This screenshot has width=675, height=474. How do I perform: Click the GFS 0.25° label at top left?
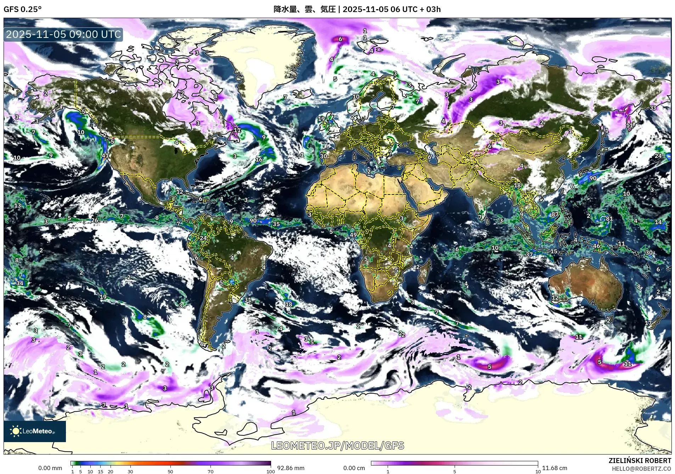[x=22, y=9]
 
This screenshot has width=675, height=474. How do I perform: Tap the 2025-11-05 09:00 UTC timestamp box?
[x=63, y=34]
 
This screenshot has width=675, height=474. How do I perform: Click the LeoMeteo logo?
[x=35, y=431]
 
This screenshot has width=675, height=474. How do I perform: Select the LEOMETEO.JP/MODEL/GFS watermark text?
[x=337, y=445]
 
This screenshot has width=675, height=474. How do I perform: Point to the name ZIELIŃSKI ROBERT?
[x=640, y=461]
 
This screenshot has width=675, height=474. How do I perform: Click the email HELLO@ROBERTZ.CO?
[x=641, y=468]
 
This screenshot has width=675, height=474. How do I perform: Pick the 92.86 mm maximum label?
[x=291, y=468]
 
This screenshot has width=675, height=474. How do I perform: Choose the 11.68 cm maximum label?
[x=555, y=468]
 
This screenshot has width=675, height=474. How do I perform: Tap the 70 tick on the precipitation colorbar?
[x=210, y=471]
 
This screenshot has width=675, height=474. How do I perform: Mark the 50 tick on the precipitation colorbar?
[x=170, y=471]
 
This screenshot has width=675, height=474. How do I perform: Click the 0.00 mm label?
[x=50, y=468]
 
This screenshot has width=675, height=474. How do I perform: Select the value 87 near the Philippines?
[x=555, y=214]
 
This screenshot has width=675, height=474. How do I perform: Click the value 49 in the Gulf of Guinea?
[x=353, y=235]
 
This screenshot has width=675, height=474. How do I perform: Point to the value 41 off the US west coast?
[x=105, y=155]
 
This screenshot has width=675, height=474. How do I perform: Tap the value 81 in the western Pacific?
[x=609, y=219]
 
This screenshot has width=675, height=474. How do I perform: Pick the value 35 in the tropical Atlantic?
[x=276, y=224]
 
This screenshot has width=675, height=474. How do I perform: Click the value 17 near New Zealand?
[x=648, y=323]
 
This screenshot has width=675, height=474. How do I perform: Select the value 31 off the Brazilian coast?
[x=248, y=299]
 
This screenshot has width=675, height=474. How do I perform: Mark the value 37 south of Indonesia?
[x=529, y=254]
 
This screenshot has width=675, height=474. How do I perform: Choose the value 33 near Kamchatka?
[x=653, y=108]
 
